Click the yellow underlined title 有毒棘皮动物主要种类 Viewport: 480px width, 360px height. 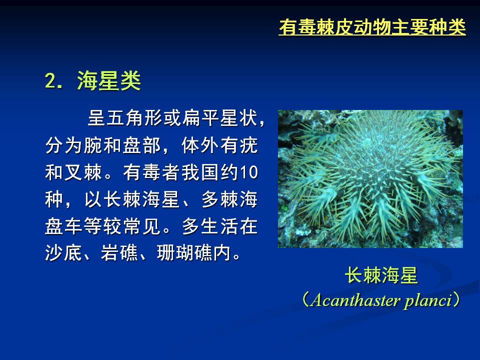[372, 27]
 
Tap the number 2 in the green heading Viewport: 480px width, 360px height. [50, 81]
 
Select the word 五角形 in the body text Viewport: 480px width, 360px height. [134, 118]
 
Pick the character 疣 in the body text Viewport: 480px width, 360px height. [248, 145]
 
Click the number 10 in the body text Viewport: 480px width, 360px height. [248, 172]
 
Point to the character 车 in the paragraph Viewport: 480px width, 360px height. [73, 226]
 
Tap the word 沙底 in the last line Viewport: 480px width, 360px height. [63, 253]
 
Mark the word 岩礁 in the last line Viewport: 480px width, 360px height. [119, 253]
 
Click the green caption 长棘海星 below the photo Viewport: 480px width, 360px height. [381, 275]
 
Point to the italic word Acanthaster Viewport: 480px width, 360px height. [355, 300]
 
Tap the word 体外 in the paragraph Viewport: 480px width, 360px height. [200, 145]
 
